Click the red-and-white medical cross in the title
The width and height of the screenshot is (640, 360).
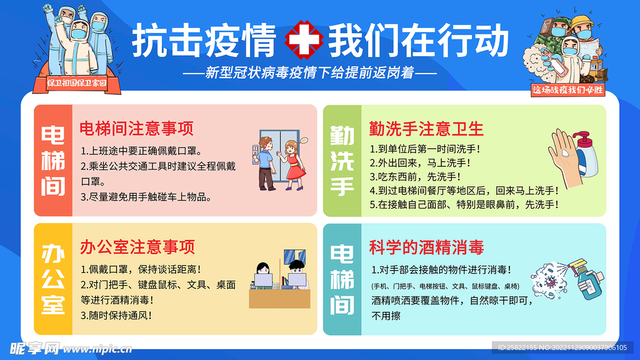(x=304, y=39)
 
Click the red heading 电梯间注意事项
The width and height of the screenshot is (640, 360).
(x=136, y=128)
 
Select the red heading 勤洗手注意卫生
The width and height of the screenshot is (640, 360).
(x=426, y=129)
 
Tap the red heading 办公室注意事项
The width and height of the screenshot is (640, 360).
(x=137, y=247)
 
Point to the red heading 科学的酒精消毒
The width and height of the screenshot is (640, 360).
(x=426, y=247)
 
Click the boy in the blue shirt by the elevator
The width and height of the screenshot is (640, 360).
(x=266, y=163)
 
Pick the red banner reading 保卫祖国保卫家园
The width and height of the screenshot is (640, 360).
(x=76, y=84)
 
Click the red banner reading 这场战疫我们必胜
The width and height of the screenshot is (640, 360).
(x=567, y=90)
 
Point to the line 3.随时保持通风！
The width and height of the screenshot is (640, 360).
(x=116, y=316)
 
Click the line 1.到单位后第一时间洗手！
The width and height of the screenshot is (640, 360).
(x=425, y=149)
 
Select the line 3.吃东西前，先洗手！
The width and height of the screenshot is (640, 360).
(x=415, y=177)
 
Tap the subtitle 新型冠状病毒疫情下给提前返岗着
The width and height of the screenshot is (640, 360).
(x=310, y=72)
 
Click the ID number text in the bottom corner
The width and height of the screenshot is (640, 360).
(x=562, y=347)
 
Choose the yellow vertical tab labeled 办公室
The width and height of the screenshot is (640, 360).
(x=53, y=279)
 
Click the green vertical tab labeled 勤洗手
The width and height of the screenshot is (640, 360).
(x=342, y=161)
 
